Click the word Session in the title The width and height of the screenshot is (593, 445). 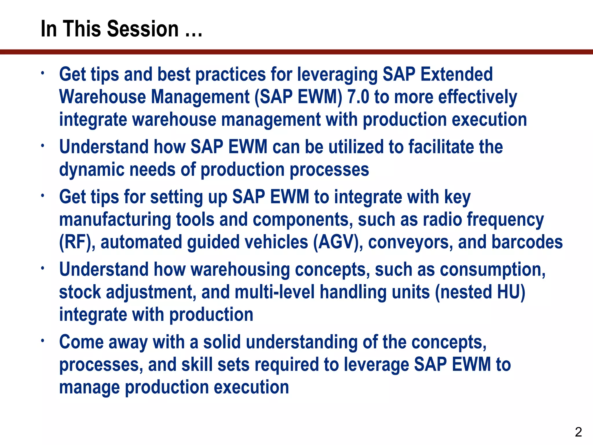pos(143,29)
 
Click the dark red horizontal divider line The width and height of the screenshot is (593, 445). pos(296,52)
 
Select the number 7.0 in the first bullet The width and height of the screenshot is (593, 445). pos(358,97)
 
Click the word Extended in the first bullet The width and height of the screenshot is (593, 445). pos(456,74)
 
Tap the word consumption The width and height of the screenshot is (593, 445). pos(492,269)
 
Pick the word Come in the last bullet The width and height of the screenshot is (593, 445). pos(81,342)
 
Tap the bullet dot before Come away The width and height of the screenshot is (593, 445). pos(42,340)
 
